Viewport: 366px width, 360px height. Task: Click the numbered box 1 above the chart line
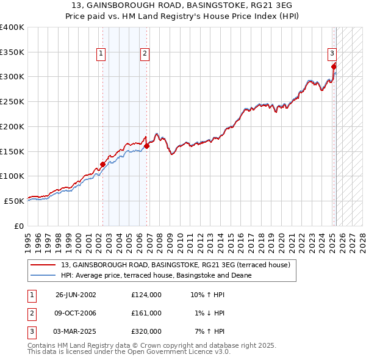click(101, 54)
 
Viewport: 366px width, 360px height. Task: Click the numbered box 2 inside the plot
click(145, 54)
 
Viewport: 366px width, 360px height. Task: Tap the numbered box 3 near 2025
click(332, 53)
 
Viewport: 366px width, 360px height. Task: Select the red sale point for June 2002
click(102, 164)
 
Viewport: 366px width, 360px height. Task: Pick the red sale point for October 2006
click(146, 146)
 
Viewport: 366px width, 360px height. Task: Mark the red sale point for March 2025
click(334, 66)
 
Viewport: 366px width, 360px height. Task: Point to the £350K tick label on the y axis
click(12, 52)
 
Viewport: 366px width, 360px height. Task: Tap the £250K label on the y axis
click(12, 102)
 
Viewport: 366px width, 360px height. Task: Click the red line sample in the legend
click(44, 265)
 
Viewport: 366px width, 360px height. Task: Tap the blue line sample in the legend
click(44, 275)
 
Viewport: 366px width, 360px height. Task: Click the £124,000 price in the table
click(146, 295)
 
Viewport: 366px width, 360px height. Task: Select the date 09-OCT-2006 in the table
click(76, 313)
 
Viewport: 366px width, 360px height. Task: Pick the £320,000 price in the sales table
click(146, 331)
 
